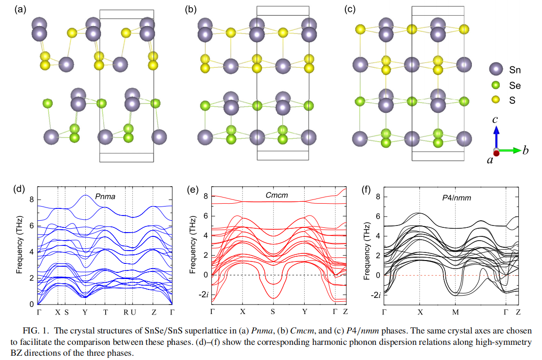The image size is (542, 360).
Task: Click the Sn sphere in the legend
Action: [x=496, y=70]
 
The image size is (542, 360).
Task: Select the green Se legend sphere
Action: [x=496, y=85]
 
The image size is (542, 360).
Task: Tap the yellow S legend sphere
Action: [x=496, y=100]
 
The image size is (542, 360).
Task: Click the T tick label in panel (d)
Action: [x=105, y=313]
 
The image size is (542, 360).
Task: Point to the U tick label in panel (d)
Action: [x=134, y=313]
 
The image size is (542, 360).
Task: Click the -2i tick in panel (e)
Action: [x=203, y=295]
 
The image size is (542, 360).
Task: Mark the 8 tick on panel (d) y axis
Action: [x=32, y=199]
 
